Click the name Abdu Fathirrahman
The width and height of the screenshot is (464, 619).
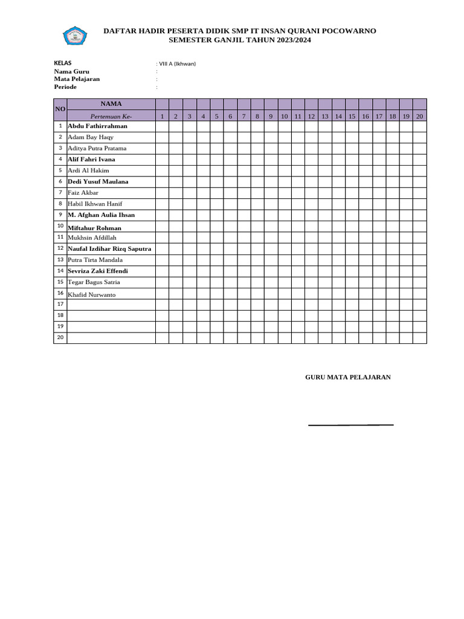pyautogui.click(x=97, y=126)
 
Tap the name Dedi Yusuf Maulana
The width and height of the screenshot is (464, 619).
pyautogui.click(x=98, y=181)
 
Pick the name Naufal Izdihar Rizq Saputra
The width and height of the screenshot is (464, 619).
pyautogui.click(x=109, y=248)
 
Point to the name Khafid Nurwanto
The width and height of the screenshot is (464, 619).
pyautogui.click(x=92, y=294)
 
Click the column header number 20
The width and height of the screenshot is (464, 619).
pyautogui.click(x=419, y=115)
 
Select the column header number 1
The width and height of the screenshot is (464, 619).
pyautogui.click(x=162, y=115)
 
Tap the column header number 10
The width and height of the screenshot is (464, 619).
pyautogui.click(x=284, y=115)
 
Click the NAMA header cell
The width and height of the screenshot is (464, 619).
pyautogui.click(x=111, y=104)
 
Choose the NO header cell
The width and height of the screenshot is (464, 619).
pyautogui.click(x=60, y=109)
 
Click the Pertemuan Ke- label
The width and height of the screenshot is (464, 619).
pyautogui.click(x=111, y=115)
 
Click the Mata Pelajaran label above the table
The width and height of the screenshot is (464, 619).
pyautogui.click(x=77, y=79)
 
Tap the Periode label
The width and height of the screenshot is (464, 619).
pyautogui.click(x=65, y=87)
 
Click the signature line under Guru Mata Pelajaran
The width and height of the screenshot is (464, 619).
pyautogui.click(x=350, y=425)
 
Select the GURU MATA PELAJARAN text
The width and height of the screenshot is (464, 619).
pyautogui.click(x=348, y=377)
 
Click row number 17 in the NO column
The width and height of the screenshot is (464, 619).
pyautogui.click(x=60, y=304)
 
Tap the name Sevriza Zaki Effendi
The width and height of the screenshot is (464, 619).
pyautogui.click(x=98, y=271)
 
